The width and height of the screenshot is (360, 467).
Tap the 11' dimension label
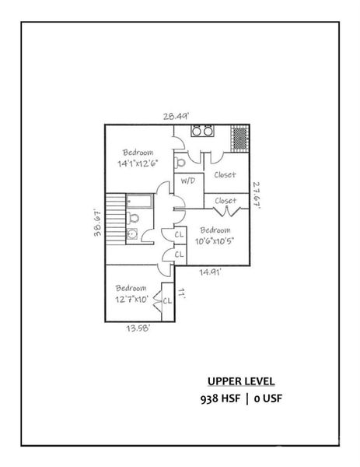pyautogui.click(x=181, y=294)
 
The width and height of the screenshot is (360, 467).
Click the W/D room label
pyautogui.click(x=188, y=181)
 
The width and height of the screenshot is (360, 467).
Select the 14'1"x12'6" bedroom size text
pyautogui.click(x=138, y=164)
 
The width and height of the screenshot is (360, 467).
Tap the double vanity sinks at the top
pyautogui.click(x=203, y=132)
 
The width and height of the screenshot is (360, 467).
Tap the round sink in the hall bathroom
pyautogui.click(x=131, y=233)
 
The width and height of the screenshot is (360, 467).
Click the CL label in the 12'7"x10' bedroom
pyautogui.click(x=166, y=300)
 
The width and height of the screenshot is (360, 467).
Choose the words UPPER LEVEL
pyautogui.click(x=240, y=381)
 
